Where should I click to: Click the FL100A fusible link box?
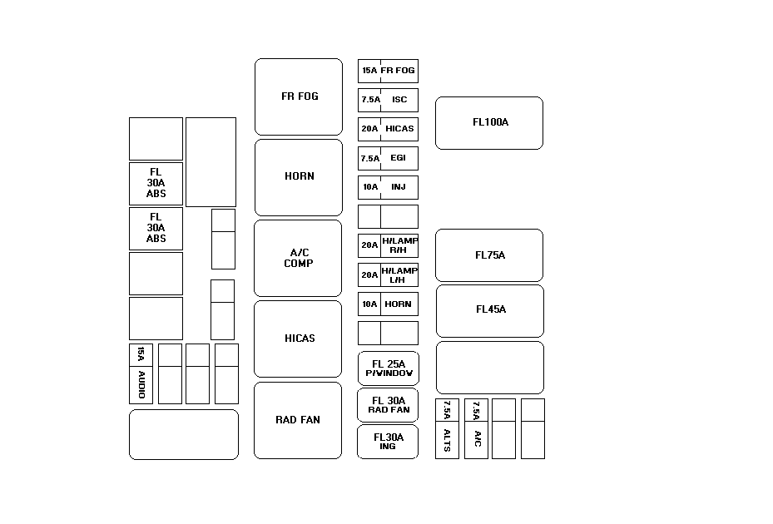(489, 123)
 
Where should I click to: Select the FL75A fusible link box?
(489, 255)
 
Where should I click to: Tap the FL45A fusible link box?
(490, 311)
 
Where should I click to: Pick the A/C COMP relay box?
(298, 259)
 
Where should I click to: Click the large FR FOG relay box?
(299, 96)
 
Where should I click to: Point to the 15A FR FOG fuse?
(388, 71)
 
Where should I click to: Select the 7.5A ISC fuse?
(388, 100)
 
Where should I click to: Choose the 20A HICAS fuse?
(388, 129)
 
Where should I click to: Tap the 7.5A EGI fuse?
(388, 158)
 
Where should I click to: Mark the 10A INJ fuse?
(388, 187)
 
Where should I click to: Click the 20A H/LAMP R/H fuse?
(388, 245)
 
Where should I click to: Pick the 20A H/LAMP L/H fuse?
(388, 274)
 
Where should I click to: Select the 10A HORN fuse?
(388, 304)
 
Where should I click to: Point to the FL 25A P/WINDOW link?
(389, 368)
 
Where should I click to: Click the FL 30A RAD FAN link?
(388, 405)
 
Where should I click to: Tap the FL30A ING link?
(388, 442)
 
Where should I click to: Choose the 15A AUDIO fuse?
(141, 373)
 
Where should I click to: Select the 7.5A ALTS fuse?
(447, 429)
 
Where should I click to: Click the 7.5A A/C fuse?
(476, 429)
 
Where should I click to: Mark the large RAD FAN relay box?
(298, 421)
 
